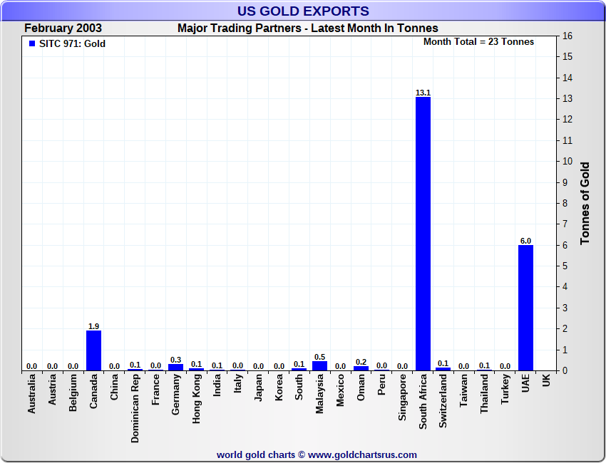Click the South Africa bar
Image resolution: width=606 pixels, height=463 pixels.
pos(423,234)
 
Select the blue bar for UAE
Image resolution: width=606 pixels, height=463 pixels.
pos(525,308)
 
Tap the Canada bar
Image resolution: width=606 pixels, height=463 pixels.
pos(93,350)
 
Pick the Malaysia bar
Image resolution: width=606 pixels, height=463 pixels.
pos(319,365)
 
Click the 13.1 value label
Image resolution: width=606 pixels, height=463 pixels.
pos(423,93)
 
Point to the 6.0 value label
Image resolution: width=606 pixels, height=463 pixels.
pos(525,241)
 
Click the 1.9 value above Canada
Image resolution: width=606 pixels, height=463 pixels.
pos(93,326)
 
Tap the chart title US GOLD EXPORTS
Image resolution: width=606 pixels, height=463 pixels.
pos(303,11)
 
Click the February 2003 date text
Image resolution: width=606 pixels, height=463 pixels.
pos(63,28)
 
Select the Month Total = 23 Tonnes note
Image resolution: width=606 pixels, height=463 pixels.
pos(478,42)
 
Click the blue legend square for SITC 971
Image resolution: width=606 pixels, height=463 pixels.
pos(31,43)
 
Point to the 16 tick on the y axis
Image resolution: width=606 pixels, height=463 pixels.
pos(568,36)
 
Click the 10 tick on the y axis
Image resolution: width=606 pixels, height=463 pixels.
pos(568,161)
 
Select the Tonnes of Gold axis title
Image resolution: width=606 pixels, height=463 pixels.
pos(585,204)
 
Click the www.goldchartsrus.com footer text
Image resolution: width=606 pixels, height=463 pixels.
pos(362,454)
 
